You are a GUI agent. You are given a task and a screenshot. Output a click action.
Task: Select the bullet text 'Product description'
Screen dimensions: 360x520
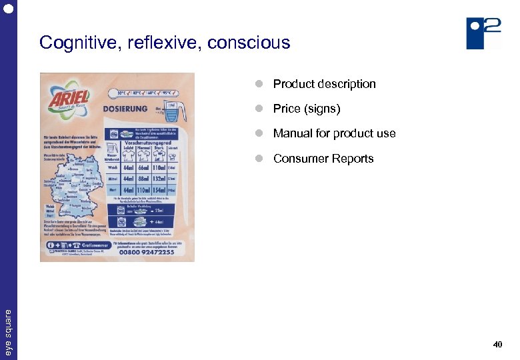click(x=324, y=84)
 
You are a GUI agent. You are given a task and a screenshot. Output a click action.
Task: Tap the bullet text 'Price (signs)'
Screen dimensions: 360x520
click(x=306, y=109)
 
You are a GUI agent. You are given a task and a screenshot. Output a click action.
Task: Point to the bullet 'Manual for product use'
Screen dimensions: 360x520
click(x=334, y=133)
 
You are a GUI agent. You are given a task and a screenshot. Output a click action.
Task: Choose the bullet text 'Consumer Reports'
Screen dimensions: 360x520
click(x=323, y=159)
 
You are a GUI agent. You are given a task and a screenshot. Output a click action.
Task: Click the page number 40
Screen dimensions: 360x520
click(x=497, y=345)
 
